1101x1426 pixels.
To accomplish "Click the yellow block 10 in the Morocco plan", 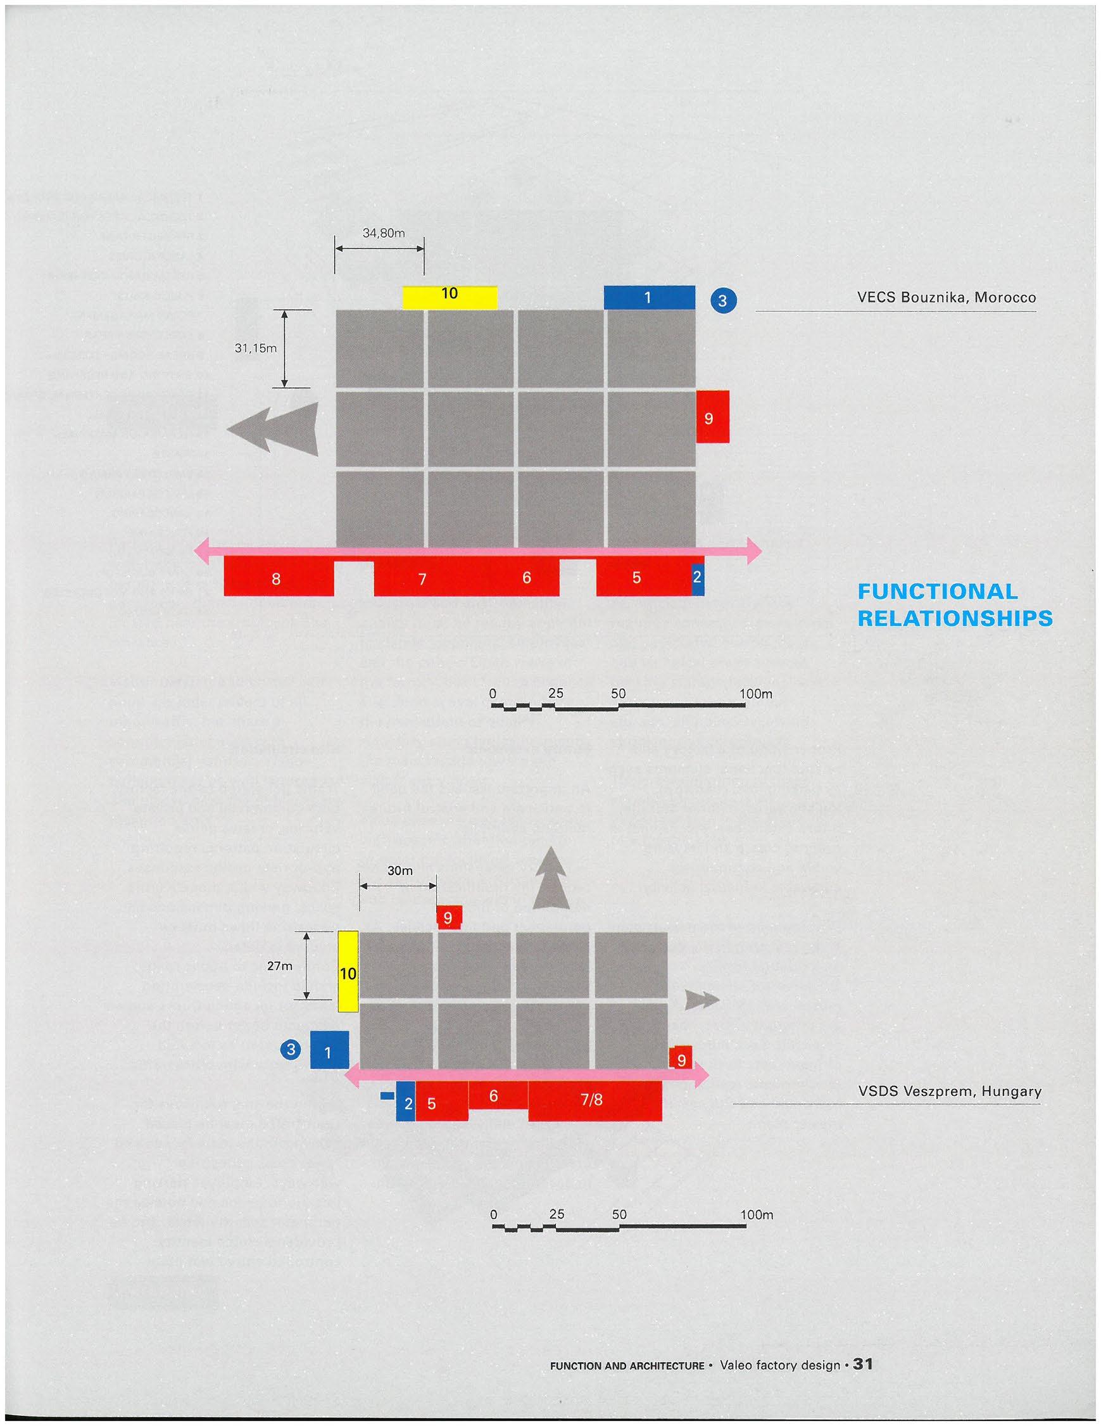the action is click(450, 297).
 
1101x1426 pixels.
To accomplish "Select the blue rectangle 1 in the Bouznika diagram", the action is click(649, 298).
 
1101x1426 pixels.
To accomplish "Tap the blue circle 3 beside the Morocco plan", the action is click(722, 301).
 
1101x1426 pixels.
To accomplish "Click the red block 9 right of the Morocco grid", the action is click(712, 417).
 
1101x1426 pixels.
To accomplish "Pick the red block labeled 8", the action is click(277, 578).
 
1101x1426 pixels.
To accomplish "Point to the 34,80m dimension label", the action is click(383, 233).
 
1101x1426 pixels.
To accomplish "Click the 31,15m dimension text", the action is click(256, 348).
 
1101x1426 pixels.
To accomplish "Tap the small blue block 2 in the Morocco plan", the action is click(698, 578).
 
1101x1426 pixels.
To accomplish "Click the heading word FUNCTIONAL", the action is click(937, 592).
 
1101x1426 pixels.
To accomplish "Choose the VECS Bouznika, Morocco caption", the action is click(946, 298).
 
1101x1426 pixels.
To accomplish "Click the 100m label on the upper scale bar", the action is click(755, 694).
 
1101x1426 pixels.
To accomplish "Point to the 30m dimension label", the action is click(400, 870).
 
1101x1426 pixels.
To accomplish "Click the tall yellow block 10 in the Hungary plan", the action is click(348, 971).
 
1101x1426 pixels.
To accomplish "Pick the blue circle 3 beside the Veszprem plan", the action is click(291, 1050).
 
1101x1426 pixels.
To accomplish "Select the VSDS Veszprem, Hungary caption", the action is click(950, 1091).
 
